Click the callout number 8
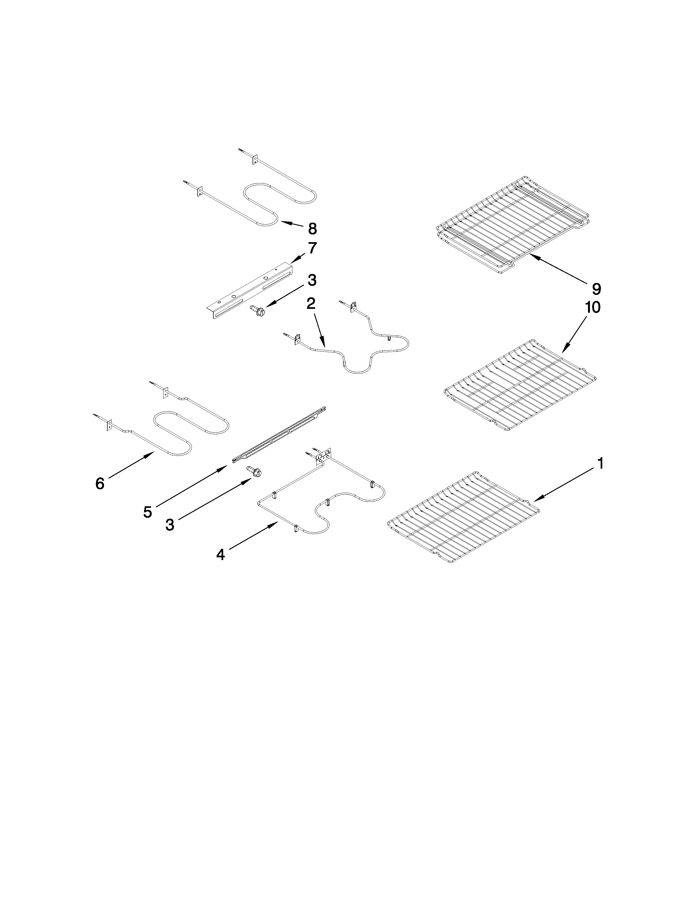[312, 229]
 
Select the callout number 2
[310, 304]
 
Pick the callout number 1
[600, 463]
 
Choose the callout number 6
[100, 483]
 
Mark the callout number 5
[148, 512]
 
